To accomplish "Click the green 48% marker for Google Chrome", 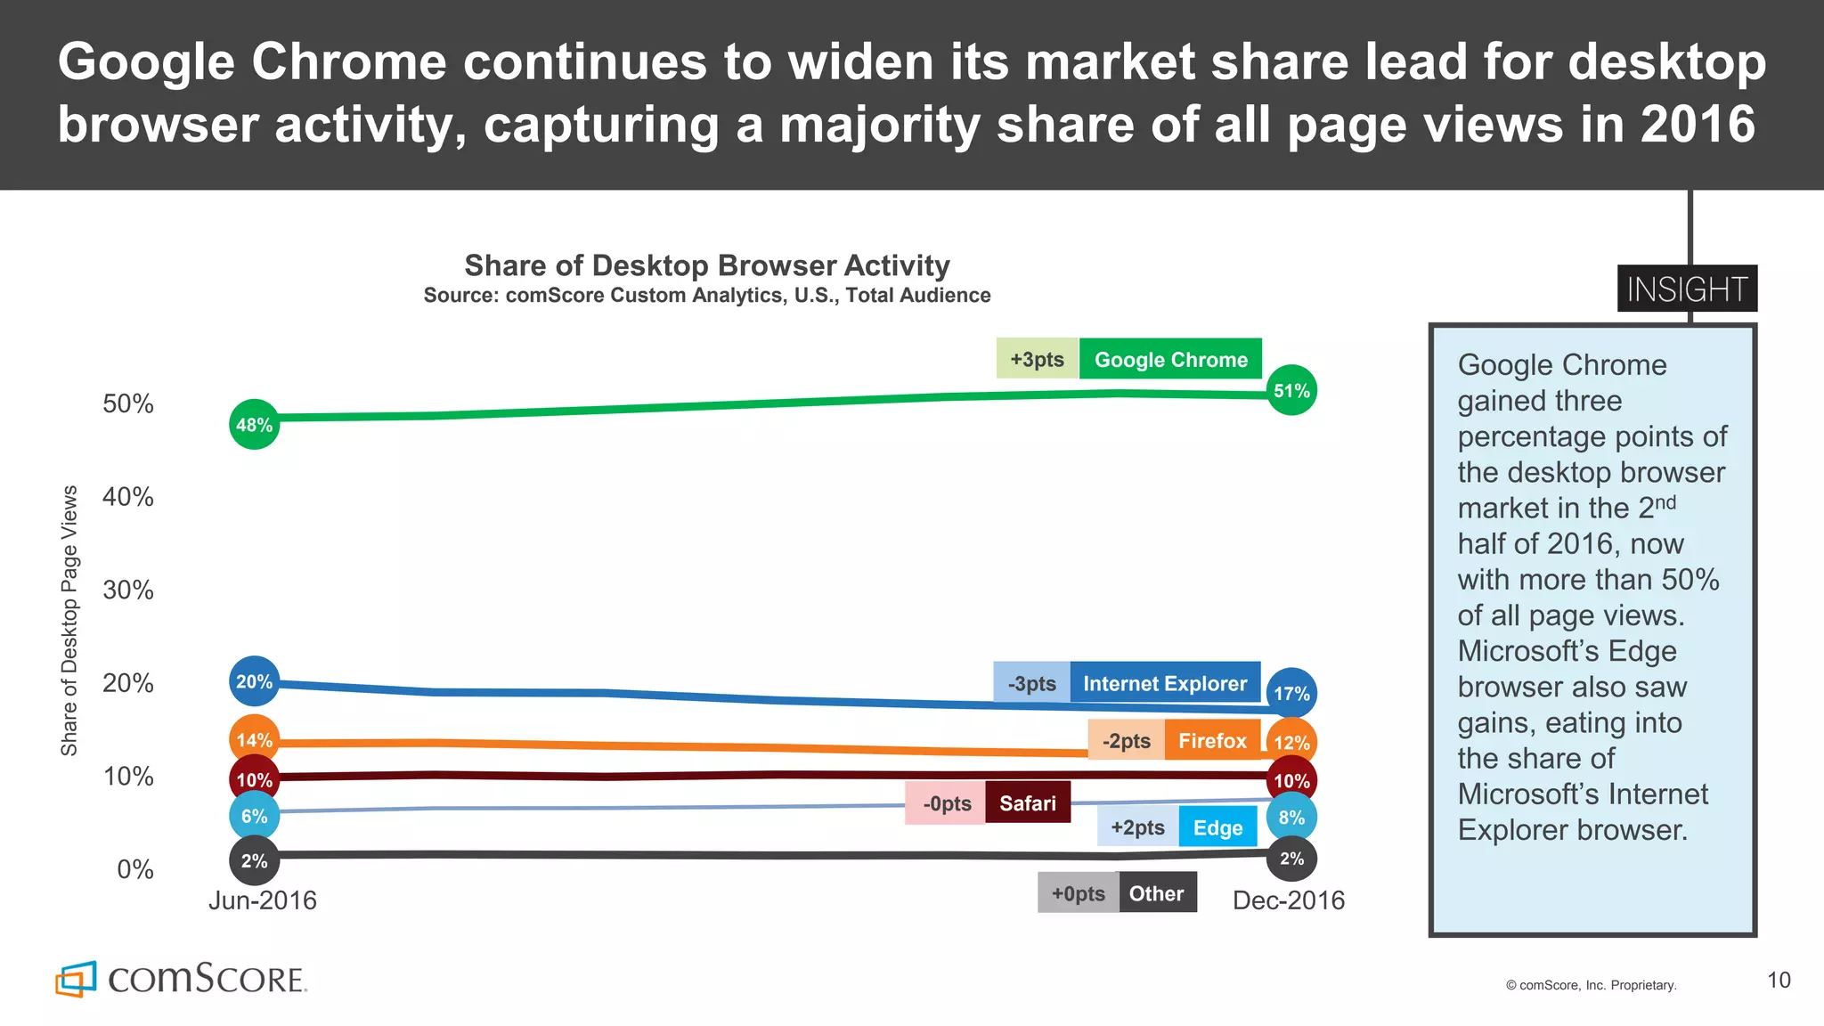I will (x=254, y=425).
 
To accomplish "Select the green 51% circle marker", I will (x=1291, y=390).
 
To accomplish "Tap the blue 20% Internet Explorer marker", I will (x=254, y=681).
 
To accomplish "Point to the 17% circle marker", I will (x=1291, y=693).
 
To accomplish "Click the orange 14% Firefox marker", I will (x=254, y=739).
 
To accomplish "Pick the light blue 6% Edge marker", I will (x=254, y=816).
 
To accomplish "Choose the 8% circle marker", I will (x=1291, y=818).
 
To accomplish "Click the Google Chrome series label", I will (x=1170, y=359).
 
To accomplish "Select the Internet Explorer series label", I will (x=1165, y=683).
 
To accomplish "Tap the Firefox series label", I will (x=1212, y=740).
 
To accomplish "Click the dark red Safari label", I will (x=1027, y=802).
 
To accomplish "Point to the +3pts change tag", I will (x=1037, y=359).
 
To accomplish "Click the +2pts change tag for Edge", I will (x=1137, y=827).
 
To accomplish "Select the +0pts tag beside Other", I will (x=1078, y=893).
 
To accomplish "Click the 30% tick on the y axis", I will (x=128, y=590).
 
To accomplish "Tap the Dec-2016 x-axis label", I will (x=1288, y=900).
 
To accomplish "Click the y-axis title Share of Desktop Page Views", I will (x=69, y=621).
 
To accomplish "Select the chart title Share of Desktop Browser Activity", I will (x=707, y=265).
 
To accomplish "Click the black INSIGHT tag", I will (x=1687, y=289).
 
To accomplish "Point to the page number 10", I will (x=1779, y=980).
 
